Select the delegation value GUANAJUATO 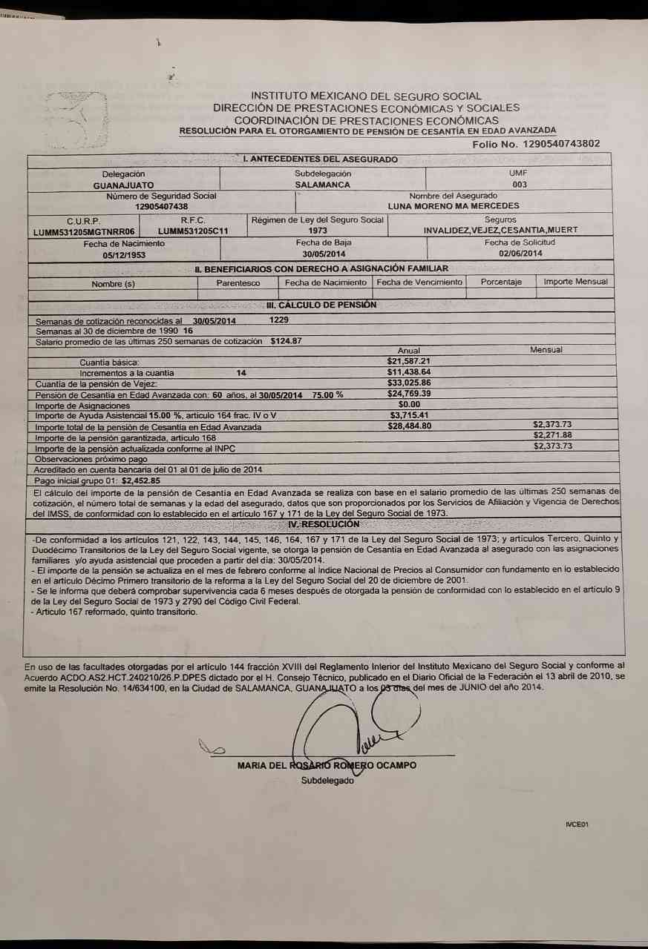[124, 185]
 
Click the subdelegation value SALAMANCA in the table [322, 185]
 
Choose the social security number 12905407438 [161, 206]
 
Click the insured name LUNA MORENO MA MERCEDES [454, 206]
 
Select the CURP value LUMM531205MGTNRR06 [84, 231]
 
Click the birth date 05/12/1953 [124, 254]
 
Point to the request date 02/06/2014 [520, 254]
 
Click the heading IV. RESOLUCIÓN [323, 524]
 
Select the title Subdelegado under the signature [327, 781]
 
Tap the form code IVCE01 [576, 824]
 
